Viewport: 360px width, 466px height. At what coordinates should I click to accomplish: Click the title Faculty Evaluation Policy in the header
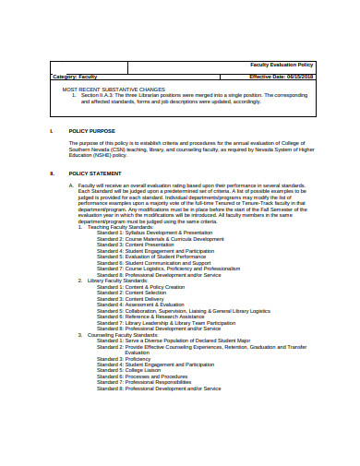coord(282,66)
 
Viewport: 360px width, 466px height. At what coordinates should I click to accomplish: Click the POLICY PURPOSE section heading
coord(92,131)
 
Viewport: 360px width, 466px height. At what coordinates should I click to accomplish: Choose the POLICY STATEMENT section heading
coord(95,173)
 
